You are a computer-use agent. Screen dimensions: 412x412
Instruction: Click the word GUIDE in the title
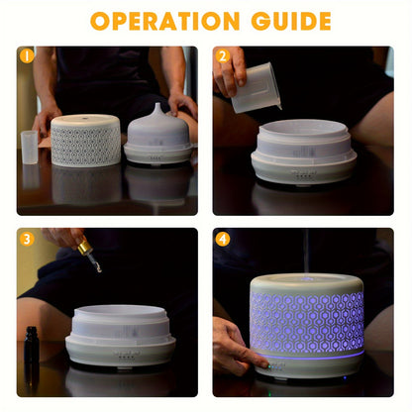[286, 21]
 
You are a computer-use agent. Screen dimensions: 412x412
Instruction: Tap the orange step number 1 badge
[27, 56]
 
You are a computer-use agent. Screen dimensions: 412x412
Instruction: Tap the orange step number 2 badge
[223, 56]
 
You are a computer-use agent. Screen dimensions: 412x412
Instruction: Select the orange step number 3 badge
[27, 239]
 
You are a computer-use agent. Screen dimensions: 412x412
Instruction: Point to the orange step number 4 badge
[223, 239]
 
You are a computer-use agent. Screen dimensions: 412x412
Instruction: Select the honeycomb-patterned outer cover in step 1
[85, 141]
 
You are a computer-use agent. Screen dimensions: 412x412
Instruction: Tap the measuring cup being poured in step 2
[257, 87]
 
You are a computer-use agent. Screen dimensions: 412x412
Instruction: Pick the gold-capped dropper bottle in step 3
[88, 252]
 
